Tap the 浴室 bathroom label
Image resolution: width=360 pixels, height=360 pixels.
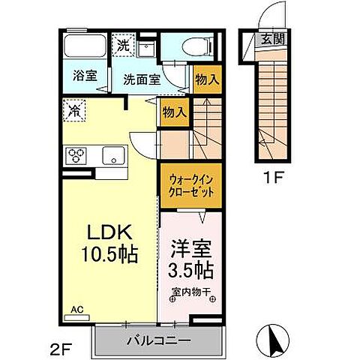point(84,76)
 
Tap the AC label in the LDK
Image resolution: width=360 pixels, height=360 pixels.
point(76,309)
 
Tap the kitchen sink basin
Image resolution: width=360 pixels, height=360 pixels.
point(113,156)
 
